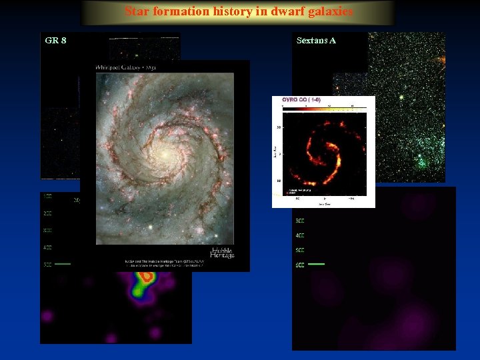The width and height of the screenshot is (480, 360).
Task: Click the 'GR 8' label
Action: (55, 41)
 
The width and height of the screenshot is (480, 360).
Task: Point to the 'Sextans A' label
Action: (316, 41)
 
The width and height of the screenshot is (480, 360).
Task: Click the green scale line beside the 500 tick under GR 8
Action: (63, 264)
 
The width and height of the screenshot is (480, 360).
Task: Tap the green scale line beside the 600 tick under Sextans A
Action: (316, 264)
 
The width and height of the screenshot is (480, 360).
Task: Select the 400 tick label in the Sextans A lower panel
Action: (300, 235)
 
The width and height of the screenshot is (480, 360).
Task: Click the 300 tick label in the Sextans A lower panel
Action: (300, 221)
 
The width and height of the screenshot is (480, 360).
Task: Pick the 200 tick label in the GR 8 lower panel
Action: (47, 213)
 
